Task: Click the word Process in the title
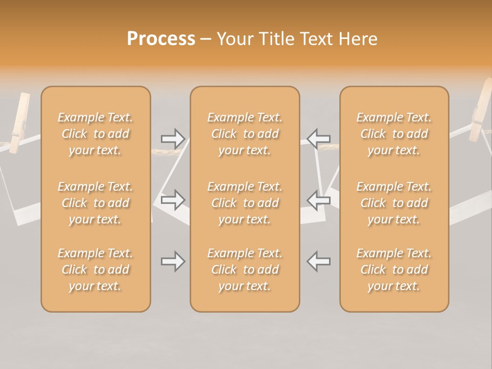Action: [x=161, y=39]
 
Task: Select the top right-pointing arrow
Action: [x=173, y=138]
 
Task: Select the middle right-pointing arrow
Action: [x=173, y=200]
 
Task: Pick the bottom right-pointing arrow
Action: [x=173, y=261]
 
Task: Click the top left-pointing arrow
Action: [x=319, y=138]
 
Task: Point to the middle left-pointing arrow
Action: [x=319, y=200]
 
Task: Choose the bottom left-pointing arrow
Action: [x=319, y=261]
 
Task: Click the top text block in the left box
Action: [x=95, y=134]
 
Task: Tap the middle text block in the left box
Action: [x=95, y=203]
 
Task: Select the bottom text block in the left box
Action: [x=95, y=270]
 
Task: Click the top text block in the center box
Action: [x=245, y=134]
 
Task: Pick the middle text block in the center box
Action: [x=245, y=203]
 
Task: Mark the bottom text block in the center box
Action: [x=245, y=270]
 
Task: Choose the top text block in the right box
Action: [x=394, y=134]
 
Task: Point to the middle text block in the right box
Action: [x=394, y=203]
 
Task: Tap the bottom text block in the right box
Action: [x=394, y=270]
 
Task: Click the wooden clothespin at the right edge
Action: [x=481, y=110]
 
